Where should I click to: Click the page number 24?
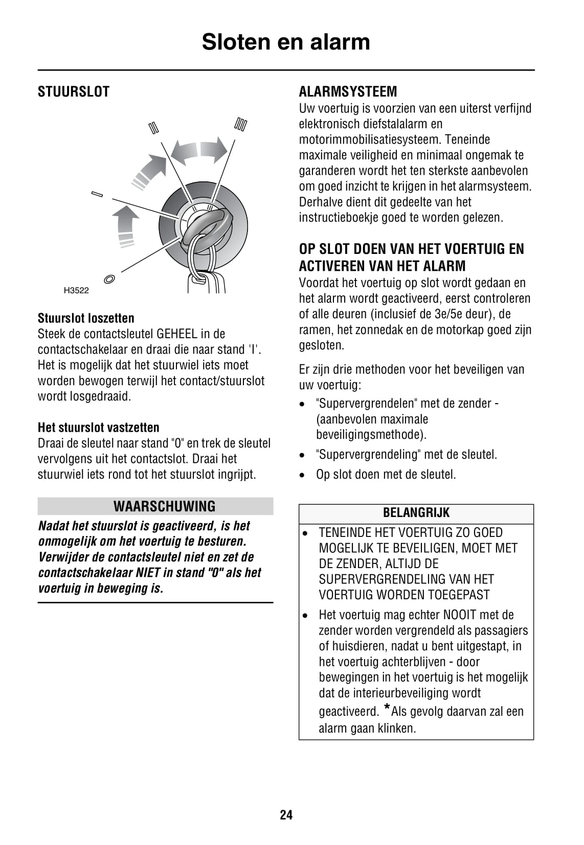click(x=286, y=815)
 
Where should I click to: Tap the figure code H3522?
click(x=76, y=291)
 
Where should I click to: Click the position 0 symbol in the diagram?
click(x=109, y=279)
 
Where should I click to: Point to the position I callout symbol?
click(x=97, y=194)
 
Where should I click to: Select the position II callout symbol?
click(x=154, y=127)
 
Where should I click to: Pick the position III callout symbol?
click(x=241, y=124)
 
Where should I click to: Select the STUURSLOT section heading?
click(x=74, y=92)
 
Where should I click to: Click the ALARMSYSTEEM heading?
click(x=348, y=92)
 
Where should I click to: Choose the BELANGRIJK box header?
click(x=416, y=513)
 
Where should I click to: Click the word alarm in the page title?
click(x=339, y=42)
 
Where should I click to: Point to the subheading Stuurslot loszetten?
click(x=86, y=318)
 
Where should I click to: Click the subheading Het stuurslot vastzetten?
click(x=98, y=428)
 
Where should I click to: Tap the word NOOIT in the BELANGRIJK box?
click(x=460, y=615)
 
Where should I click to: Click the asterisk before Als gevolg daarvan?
click(x=386, y=709)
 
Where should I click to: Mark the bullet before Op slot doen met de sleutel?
click(x=304, y=475)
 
